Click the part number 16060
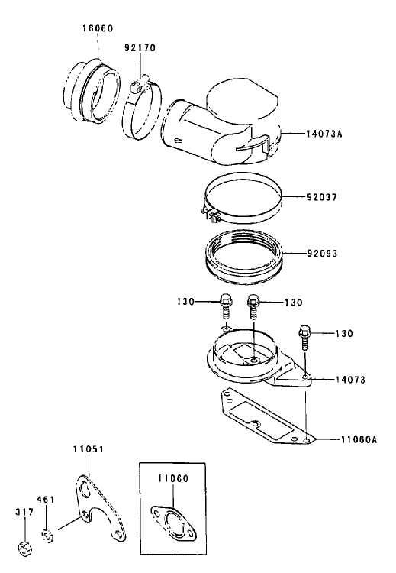click(x=97, y=28)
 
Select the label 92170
click(x=140, y=48)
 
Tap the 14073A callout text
click(x=324, y=134)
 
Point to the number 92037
click(x=321, y=197)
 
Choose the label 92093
click(x=322, y=253)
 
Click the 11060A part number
click(x=359, y=439)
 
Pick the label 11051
click(x=89, y=448)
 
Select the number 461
click(x=46, y=499)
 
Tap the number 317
click(x=24, y=512)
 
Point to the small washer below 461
click(x=47, y=536)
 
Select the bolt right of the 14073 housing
click(x=304, y=337)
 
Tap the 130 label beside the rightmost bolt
click(x=343, y=334)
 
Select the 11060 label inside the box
click(x=173, y=478)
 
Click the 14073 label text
click(x=350, y=380)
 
